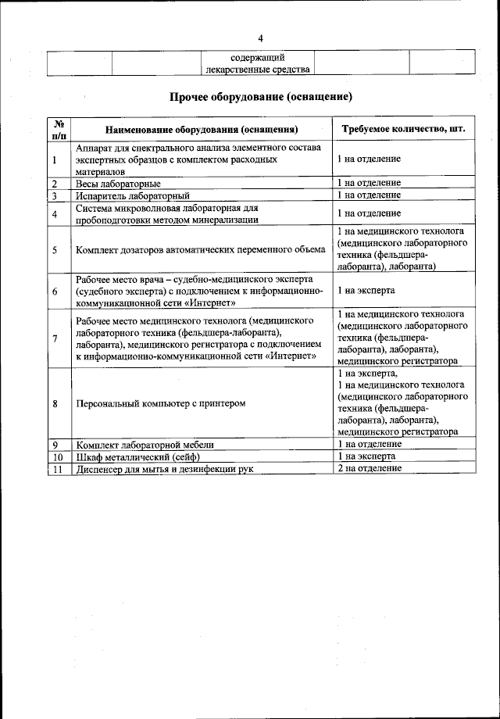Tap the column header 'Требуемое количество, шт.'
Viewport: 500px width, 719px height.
point(399,129)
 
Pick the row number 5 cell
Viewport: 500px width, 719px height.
point(55,250)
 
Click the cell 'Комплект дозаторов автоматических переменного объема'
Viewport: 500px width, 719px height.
point(201,250)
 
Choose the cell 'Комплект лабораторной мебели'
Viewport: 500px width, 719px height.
point(145,445)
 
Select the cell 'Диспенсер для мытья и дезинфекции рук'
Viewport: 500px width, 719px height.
point(166,468)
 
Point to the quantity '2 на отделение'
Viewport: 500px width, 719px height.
point(370,467)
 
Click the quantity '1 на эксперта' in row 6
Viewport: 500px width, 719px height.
point(366,291)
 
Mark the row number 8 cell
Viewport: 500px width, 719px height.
point(55,404)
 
